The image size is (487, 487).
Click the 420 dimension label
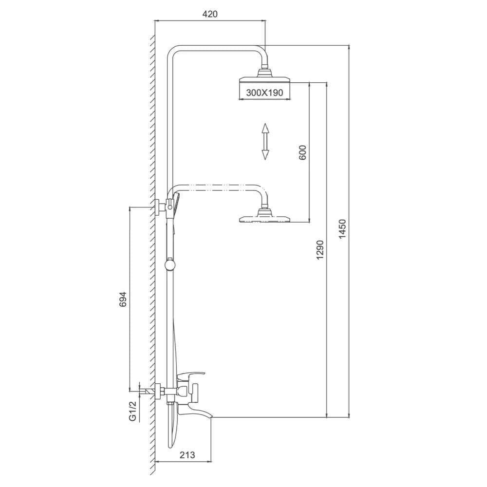pos(210,14)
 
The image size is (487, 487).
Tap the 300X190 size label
pos(264,93)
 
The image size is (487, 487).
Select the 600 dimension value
pos(303,152)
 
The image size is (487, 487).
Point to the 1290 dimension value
pos(320,250)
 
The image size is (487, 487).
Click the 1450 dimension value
pos(342,229)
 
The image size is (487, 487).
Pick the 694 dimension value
pos(123,300)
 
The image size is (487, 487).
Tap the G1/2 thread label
pos(132,411)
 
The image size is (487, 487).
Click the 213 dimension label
pos(187,455)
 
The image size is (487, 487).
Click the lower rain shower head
pos(264,217)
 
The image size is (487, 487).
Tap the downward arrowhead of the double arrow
pos(265,154)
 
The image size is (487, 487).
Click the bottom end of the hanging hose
pos(170,446)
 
